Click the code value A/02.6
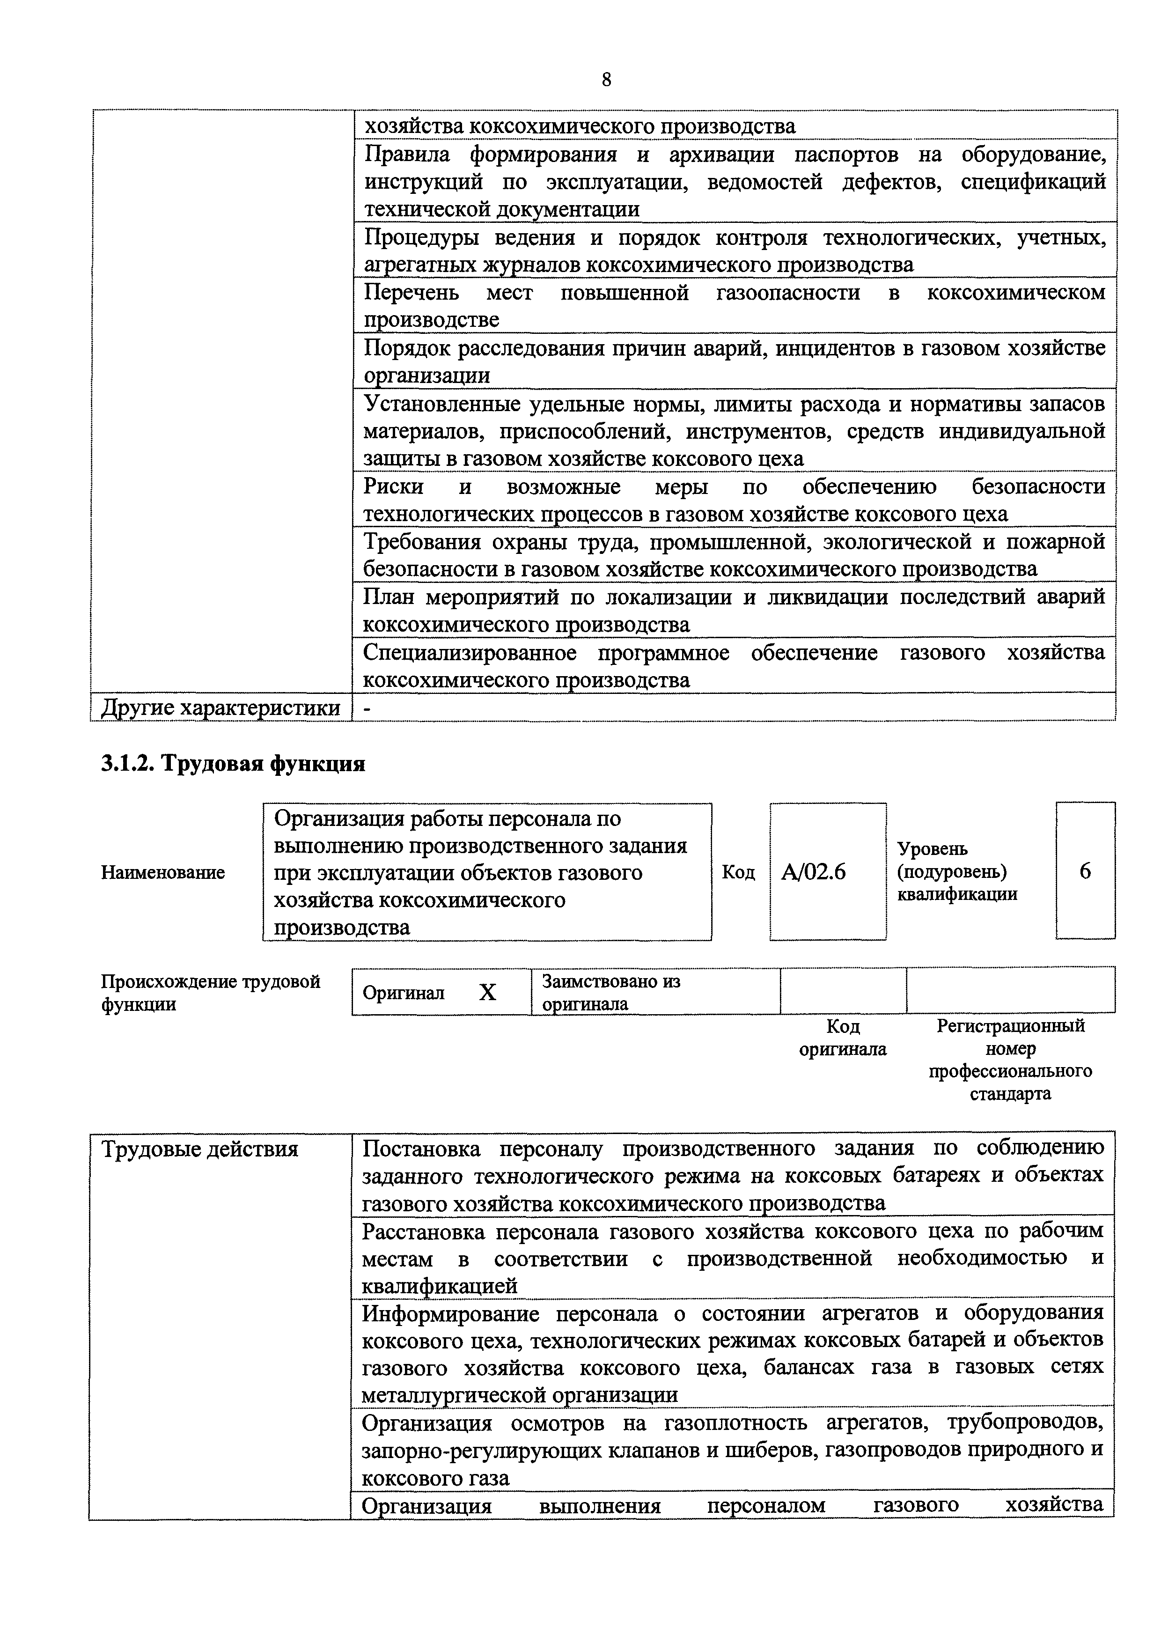click(x=813, y=871)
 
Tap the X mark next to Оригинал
click(x=487, y=992)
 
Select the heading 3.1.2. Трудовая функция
click(x=233, y=764)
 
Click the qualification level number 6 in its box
click(x=1085, y=871)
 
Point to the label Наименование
click(x=162, y=872)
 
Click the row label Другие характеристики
click(x=220, y=707)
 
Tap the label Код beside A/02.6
click(x=738, y=872)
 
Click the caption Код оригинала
click(x=843, y=1038)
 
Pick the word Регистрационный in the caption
click(x=1010, y=1025)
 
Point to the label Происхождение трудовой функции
click(x=210, y=992)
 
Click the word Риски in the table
click(x=393, y=486)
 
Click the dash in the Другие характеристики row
click(x=367, y=707)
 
